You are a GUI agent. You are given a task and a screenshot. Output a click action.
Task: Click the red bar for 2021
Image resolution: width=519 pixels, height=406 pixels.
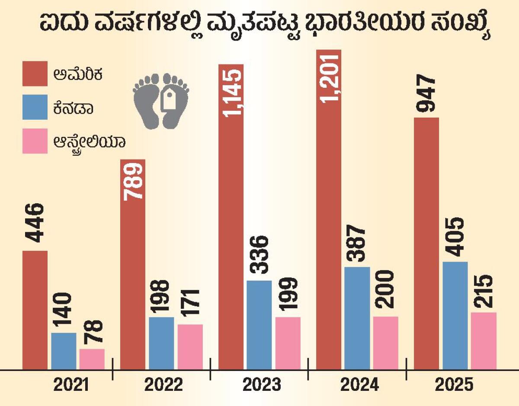[x=35, y=310]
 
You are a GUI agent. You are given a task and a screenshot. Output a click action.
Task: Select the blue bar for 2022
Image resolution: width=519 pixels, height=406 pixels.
[x=161, y=343]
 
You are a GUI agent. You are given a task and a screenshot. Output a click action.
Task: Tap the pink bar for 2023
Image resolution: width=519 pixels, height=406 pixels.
[x=288, y=343]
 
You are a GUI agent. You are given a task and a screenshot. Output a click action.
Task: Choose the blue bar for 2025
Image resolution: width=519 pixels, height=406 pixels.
[x=455, y=316]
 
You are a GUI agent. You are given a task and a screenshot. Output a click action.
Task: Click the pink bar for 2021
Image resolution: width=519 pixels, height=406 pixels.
[x=92, y=359]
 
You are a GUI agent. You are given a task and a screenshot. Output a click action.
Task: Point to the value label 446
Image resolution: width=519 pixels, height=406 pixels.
[x=34, y=223]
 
